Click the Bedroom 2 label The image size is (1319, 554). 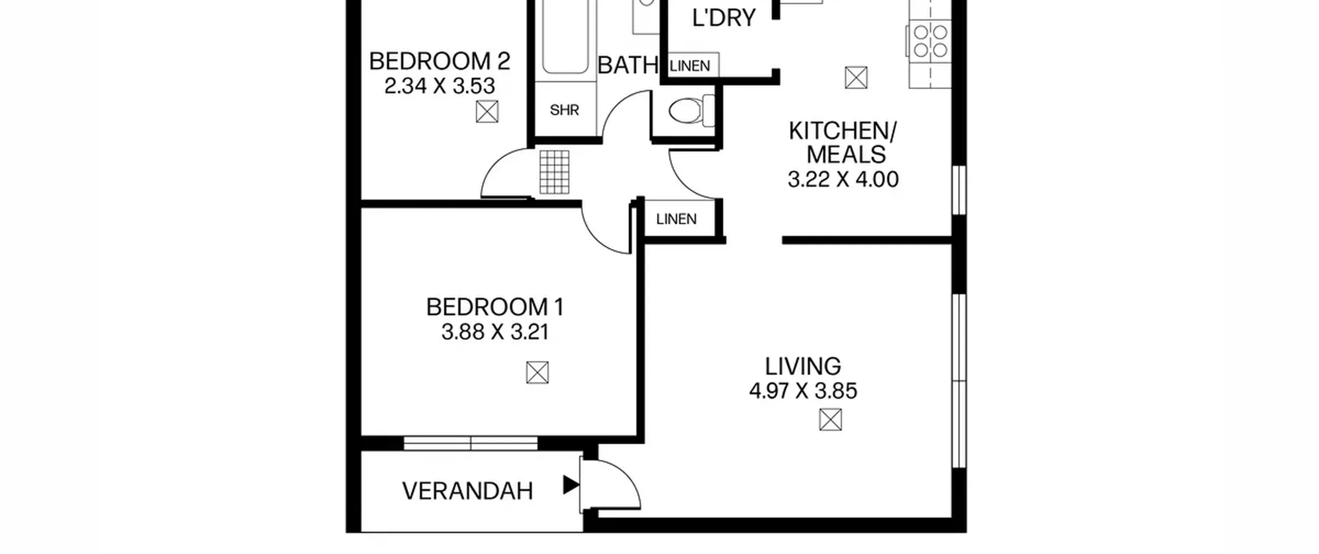click(x=439, y=61)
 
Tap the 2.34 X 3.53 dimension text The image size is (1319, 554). click(x=439, y=86)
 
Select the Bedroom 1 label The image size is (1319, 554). click(x=495, y=307)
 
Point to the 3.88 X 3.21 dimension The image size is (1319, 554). click(x=495, y=332)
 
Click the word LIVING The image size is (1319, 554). click(x=803, y=366)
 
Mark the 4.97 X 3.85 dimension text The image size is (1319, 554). click(x=803, y=391)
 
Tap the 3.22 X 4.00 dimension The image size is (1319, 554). click(x=843, y=179)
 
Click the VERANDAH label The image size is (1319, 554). click(x=467, y=491)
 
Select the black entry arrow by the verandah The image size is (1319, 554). click(x=571, y=485)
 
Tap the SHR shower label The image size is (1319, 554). click(x=564, y=110)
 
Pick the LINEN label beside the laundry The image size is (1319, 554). click(x=690, y=66)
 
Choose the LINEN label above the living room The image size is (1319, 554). click(x=677, y=220)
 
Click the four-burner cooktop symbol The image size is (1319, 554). click(x=930, y=41)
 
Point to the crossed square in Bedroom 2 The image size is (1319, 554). click(x=487, y=111)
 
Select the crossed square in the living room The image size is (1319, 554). click(x=831, y=419)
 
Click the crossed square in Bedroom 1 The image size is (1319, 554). click(x=537, y=373)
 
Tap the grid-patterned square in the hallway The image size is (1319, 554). click(x=554, y=172)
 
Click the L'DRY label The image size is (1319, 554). click(x=724, y=18)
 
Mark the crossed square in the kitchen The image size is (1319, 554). click(x=856, y=78)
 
